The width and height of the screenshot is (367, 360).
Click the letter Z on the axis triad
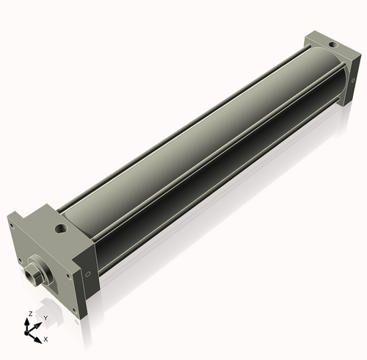[x=31, y=314]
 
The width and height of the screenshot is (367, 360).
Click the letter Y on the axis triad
[x=46, y=318]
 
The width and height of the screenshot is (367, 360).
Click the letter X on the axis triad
[x=46, y=339]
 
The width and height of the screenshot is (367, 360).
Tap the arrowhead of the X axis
[x=37, y=339]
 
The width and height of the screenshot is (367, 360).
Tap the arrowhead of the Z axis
[x=26, y=322]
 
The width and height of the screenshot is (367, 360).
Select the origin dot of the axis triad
[x=26, y=333]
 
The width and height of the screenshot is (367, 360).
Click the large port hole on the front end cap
[x=61, y=228]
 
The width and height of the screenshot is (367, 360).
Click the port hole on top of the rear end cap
[x=333, y=45]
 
